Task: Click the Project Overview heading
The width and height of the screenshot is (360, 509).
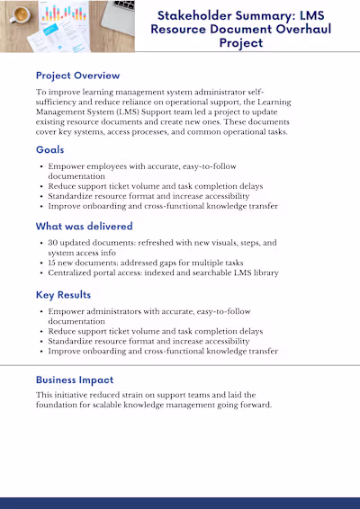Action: [x=77, y=76]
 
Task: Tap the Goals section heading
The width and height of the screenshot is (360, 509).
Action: [x=49, y=149]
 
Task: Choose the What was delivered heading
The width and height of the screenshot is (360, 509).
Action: [x=84, y=227]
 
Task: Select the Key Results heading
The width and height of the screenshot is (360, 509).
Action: [x=65, y=294]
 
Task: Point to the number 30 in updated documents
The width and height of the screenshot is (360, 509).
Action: [x=54, y=243]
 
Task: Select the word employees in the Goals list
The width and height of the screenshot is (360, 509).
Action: [x=106, y=166]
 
